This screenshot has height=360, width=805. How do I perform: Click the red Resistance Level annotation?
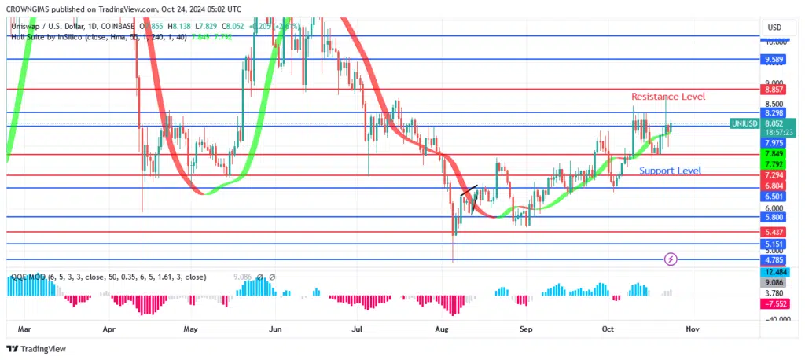pos(668,96)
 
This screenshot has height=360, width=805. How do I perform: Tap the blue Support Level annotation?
pos(670,171)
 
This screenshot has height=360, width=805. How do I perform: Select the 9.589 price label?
pos(774,59)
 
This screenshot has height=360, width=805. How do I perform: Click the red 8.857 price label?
pos(774,91)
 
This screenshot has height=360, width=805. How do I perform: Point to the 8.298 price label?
pos(774,113)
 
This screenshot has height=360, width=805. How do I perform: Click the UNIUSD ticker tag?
pos(743,123)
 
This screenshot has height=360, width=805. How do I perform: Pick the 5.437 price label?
pos(774,233)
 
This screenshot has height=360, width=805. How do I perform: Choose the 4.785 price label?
pos(774,259)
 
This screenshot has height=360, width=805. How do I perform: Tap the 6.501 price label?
pos(774,196)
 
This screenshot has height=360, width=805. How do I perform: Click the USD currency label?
pos(774,28)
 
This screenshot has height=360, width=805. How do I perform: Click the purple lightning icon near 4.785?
pos(671,258)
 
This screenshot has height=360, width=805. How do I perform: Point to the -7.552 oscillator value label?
pos(774,305)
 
